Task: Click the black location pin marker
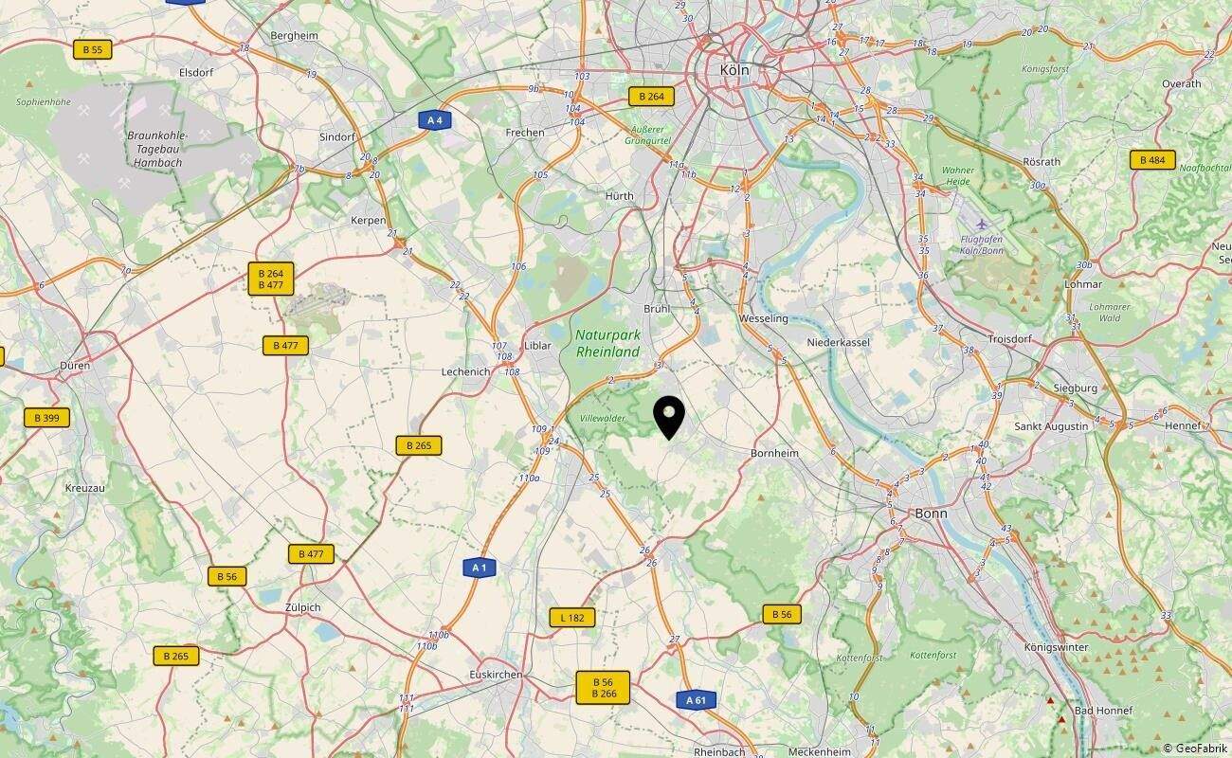669,417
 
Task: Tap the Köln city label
734,70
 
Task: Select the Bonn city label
931,514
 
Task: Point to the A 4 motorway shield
434,119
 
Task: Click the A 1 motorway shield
480,568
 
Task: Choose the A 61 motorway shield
696,700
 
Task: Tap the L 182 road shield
572,618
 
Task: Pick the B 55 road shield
93,49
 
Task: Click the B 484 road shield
1152,160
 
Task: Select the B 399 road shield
46,417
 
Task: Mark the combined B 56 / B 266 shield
603,688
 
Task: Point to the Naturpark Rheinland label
607,343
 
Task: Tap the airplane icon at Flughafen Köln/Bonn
980,224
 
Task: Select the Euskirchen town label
497,674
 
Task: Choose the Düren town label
74,365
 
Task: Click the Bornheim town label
774,454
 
